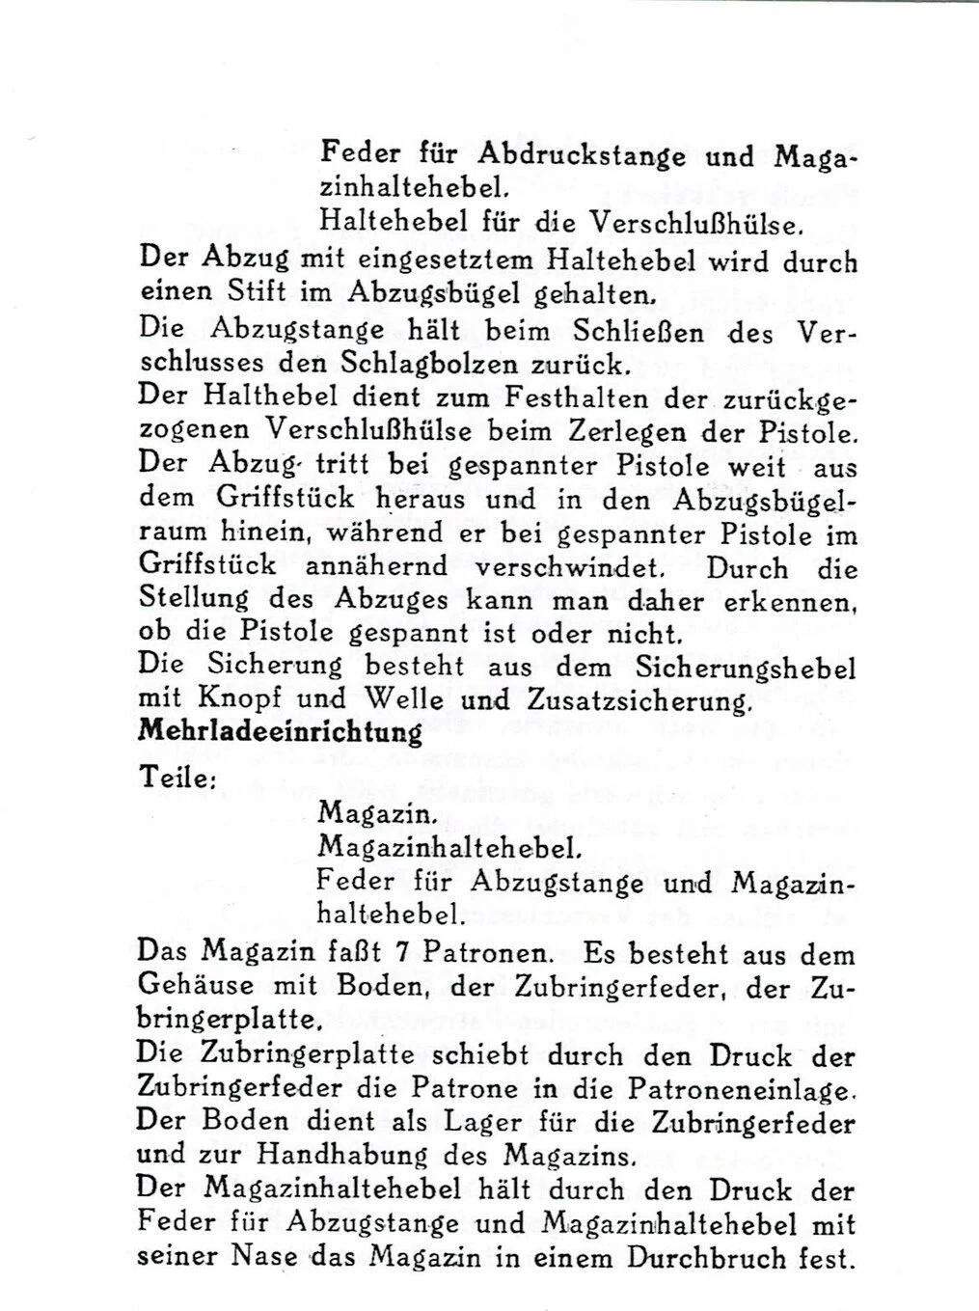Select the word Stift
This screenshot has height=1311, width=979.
(x=246, y=292)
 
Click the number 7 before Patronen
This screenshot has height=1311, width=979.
(x=407, y=955)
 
